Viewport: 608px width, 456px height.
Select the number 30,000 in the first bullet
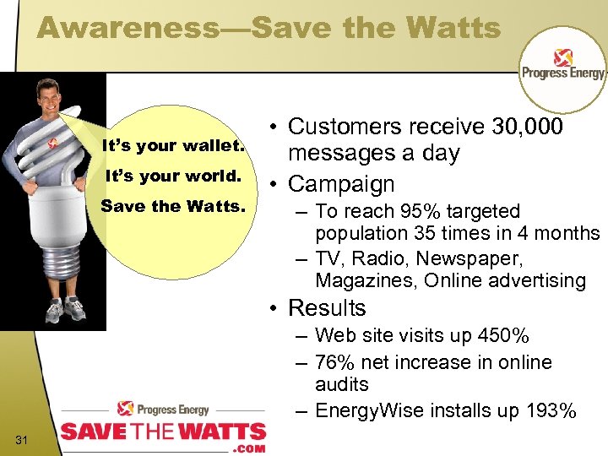pyautogui.click(x=528, y=128)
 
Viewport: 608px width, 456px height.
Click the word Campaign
pyautogui.click(x=341, y=184)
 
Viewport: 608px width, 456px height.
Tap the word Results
pyautogui.click(x=327, y=308)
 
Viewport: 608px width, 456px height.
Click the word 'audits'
pyautogui.click(x=342, y=385)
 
